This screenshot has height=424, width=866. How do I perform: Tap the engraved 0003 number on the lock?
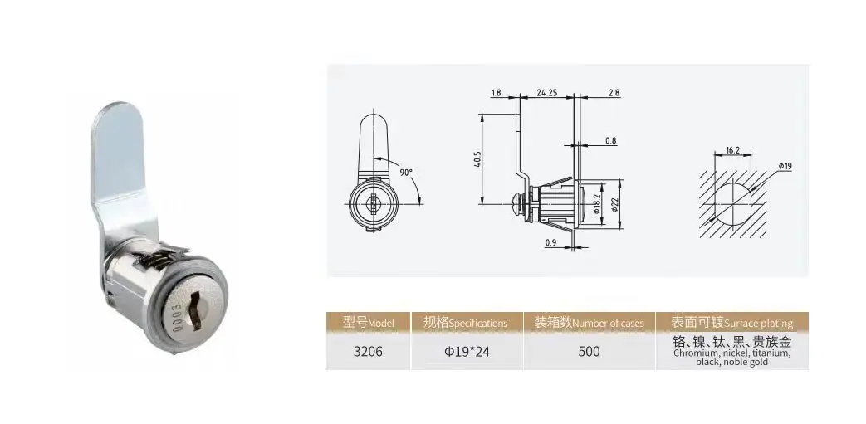(175, 319)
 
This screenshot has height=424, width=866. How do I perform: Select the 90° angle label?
(406, 172)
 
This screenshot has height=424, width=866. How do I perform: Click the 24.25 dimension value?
(546, 92)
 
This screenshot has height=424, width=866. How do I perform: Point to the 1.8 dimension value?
(496, 92)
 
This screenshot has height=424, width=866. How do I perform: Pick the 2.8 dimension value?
(614, 92)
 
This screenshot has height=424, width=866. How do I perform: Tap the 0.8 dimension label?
(610, 141)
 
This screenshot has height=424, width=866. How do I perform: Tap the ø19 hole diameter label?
(784, 166)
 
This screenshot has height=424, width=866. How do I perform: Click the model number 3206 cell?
(367, 351)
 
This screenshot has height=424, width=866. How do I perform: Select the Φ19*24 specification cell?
(467, 351)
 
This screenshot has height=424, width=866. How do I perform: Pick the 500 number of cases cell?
(589, 351)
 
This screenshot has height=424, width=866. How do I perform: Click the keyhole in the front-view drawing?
(371, 202)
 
